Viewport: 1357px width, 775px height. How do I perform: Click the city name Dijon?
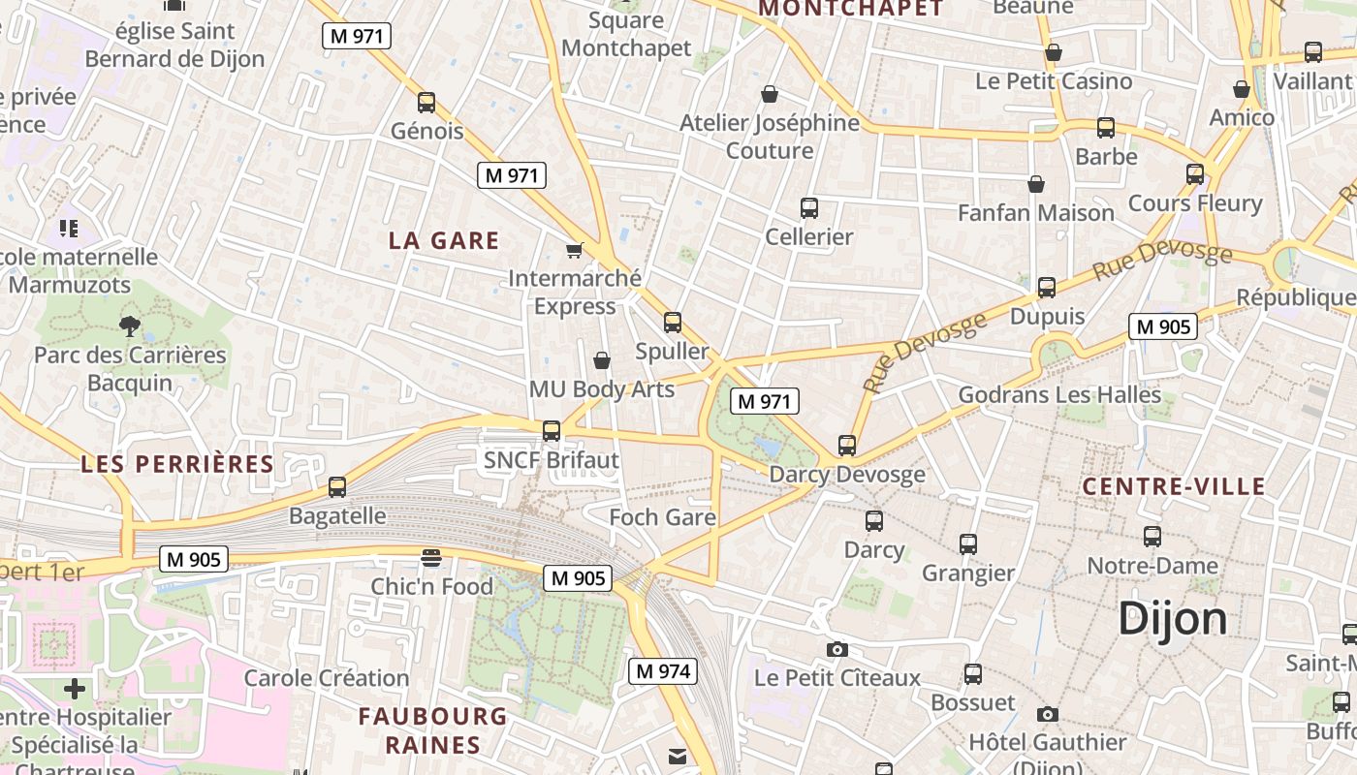pos(1172,618)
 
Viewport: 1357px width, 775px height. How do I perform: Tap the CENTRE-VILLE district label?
pos(1174,486)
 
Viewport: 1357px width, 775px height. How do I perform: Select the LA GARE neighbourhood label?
pos(444,240)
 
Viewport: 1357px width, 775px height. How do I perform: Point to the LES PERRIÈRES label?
pos(177,463)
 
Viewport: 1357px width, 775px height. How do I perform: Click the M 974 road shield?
pos(663,671)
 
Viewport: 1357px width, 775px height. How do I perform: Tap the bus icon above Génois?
pos(426,103)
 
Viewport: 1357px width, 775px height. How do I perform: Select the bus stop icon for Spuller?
pos(672,323)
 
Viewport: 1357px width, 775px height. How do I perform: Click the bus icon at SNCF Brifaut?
pos(552,431)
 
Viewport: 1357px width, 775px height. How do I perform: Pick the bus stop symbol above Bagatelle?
pos(337,487)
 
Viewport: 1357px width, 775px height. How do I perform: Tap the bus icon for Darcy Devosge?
pos(847,446)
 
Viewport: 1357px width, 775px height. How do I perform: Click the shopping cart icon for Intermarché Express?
pos(574,251)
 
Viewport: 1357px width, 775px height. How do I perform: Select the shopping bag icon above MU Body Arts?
pos(602,361)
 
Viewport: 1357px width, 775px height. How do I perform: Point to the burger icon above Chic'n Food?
pos(431,558)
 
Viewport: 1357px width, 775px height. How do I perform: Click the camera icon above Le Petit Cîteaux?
pos(836,649)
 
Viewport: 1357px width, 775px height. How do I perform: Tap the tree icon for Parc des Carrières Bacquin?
pos(129,325)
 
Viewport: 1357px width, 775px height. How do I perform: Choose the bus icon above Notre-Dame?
pos(1152,537)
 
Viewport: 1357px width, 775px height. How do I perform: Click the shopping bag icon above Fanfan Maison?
pos(1036,184)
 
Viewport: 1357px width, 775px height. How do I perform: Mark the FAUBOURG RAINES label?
pos(432,730)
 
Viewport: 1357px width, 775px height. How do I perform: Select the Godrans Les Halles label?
pos(1059,394)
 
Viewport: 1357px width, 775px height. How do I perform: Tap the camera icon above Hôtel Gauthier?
pos(1047,714)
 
